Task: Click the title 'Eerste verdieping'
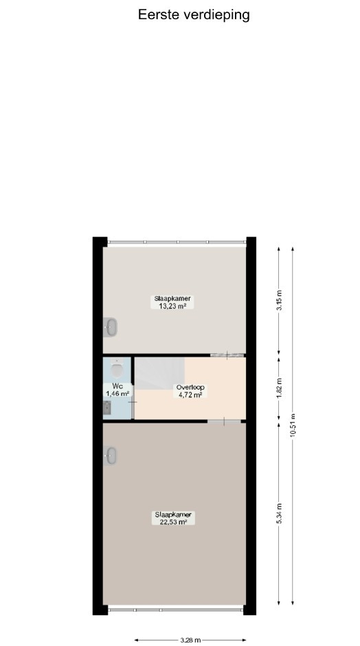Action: (x=194, y=15)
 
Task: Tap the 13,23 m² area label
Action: (x=172, y=306)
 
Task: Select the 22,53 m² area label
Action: (x=173, y=522)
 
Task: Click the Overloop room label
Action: (x=190, y=388)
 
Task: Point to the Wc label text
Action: (x=117, y=386)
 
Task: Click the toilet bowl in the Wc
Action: (x=117, y=368)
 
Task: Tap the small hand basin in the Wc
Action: (x=107, y=408)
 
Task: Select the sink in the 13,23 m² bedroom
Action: (x=110, y=328)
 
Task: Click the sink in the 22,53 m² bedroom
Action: (x=110, y=456)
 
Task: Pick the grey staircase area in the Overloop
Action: (x=160, y=373)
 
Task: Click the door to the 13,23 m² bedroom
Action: (x=227, y=355)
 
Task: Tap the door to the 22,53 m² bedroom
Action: (x=224, y=421)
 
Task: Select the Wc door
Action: (x=133, y=402)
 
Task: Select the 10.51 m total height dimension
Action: (x=293, y=425)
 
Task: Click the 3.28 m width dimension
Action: (x=190, y=640)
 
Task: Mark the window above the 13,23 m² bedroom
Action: (x=177, y=242)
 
